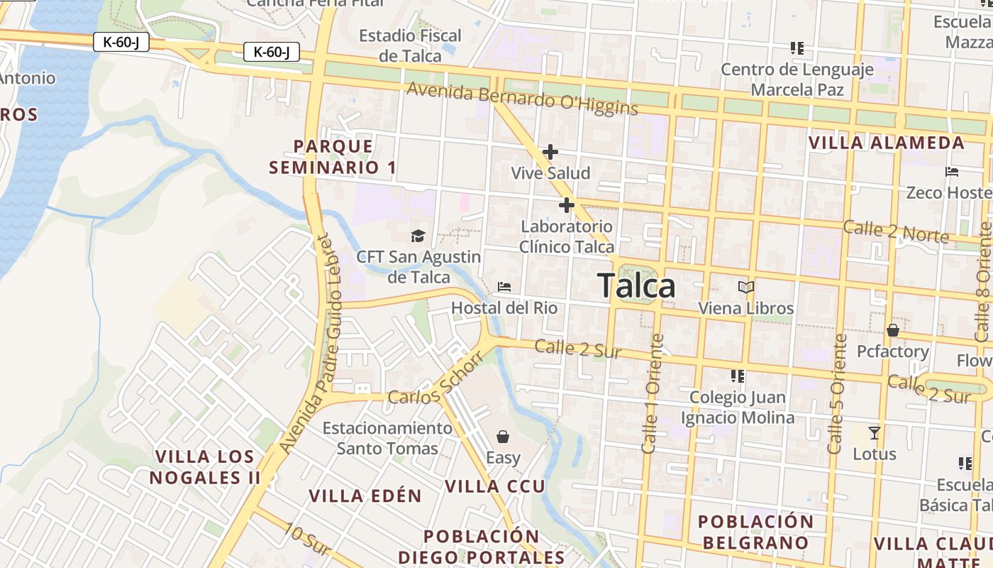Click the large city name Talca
coord(636,286)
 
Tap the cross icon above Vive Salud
coord(550,152)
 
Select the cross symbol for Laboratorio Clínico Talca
coord(566,206)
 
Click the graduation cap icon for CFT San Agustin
coord(418,236)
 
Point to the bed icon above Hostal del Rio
coord(504,288)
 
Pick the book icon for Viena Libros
coord(746,287)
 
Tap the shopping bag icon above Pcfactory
coord(892,330)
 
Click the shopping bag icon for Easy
coord(503,436)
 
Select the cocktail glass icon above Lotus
coord(875,432)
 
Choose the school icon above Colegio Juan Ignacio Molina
coord(738,376)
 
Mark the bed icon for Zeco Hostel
coord(952,172)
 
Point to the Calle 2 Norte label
coord(895,231)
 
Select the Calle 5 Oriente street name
coord(837,394)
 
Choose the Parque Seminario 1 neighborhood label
coord(333,157)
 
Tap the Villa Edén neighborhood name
coord(365,496)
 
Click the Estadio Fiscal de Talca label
coord(410,45)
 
